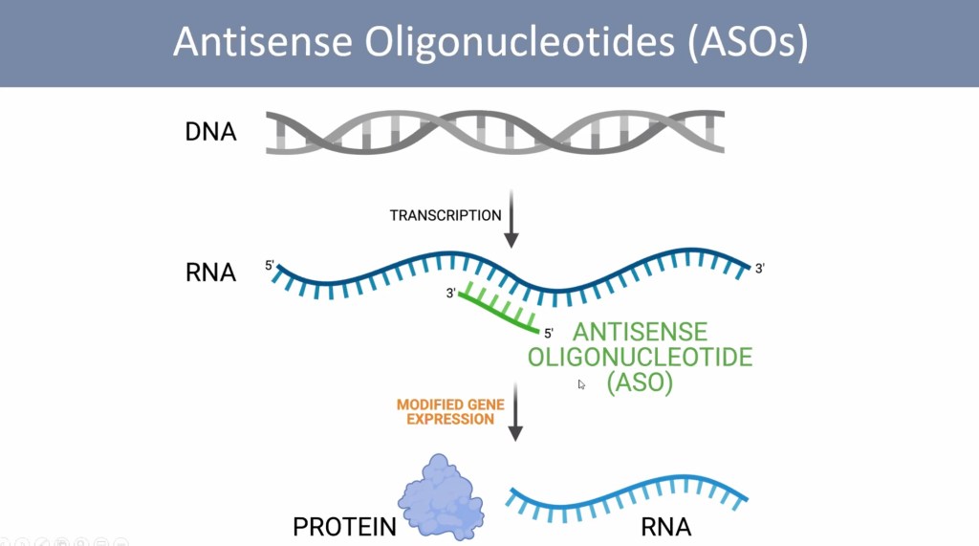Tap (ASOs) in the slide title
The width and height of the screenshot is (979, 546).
click(x=746, y=43)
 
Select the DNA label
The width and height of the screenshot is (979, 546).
click(x=210, y=131)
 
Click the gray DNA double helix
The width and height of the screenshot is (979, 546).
click(x=494, y=132)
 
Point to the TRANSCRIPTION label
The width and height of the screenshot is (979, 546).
click(x=446, y=215)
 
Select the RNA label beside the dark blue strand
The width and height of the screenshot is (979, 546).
click(x=210, y=273)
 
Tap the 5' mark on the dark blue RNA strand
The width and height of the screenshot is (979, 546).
click(x=271, y=265)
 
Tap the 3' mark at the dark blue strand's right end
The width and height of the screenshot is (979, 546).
click(x=760, y=270)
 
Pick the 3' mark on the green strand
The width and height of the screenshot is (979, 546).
click(x=450, y=294)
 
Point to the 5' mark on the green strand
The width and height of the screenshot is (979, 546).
click(x=549, y=334)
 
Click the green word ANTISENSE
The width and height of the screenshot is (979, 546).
click(x=640, y=333)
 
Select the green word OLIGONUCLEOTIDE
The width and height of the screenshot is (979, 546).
click(x=640, y=358)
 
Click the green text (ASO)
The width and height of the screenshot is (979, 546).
click(x=640, y=382)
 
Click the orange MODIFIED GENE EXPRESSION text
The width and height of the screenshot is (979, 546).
click(x=446, y=412)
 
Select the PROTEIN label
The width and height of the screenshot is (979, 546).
click(x=344, y=526)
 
